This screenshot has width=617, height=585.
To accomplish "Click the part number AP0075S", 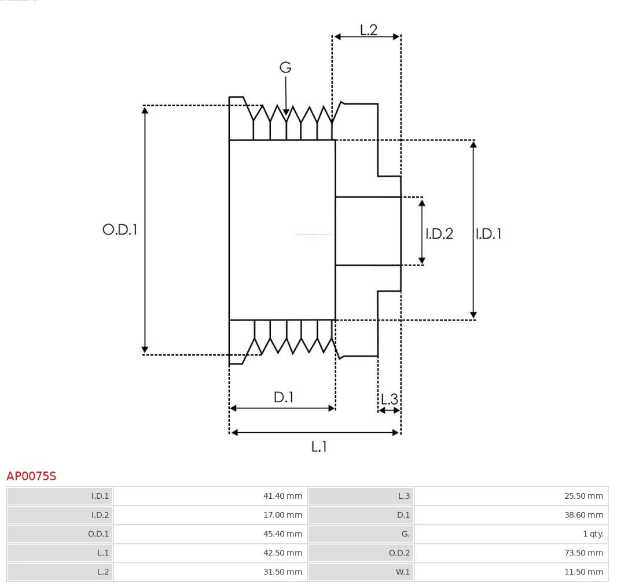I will [31, 476].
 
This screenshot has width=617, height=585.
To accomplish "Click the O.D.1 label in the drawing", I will [120, 230].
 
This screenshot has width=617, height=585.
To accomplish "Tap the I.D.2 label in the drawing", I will [439, 234].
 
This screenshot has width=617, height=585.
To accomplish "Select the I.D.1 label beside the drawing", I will [489, 234].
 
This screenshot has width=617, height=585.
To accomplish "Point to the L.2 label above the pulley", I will [369, 30].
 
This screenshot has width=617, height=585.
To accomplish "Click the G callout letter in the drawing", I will [285, 68].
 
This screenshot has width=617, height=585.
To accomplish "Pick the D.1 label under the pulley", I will [284, 398].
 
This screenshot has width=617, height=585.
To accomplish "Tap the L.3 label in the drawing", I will [389, 399].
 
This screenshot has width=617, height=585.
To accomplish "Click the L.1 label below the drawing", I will [319, 446].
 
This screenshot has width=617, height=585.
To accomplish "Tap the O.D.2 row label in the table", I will [399, 553].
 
